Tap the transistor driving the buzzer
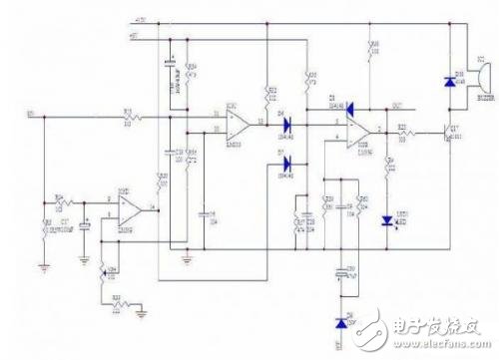447,131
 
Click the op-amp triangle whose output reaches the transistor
358,131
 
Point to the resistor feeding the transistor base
405,131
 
